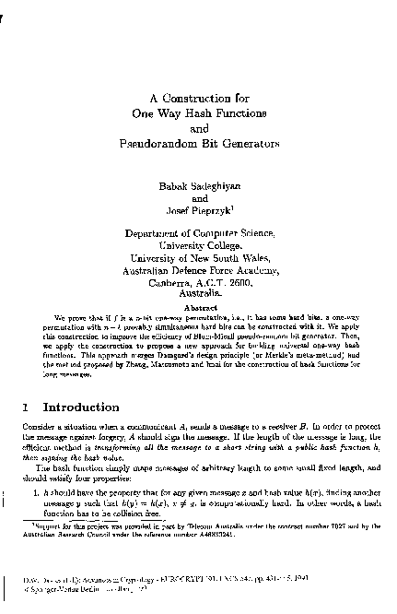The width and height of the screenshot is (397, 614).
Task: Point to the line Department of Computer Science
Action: point(199,236)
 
